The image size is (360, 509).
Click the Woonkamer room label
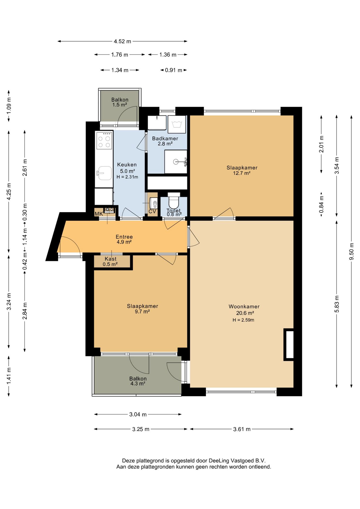(x=244, y=306)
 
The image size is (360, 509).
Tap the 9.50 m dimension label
(x=351, y=251)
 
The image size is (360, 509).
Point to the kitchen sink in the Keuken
(x=104, y=173)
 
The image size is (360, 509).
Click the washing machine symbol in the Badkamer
(x=177, y=124)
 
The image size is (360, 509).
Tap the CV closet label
(x=152, y=212)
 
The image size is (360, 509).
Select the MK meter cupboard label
(x=99, y=214)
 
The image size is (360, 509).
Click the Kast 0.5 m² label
(x=110, y=261)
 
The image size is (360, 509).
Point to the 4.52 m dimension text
(x=122, y=41)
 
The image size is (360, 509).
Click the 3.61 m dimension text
(x=242, y=429)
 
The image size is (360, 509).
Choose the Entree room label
(x=124, y=237)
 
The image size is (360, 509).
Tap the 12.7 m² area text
(x=242, y=173)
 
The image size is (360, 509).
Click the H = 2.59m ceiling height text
(x=243, y=320)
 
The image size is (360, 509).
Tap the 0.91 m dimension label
(x=174, y=70)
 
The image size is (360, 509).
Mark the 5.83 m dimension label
(x=337, y=304)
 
